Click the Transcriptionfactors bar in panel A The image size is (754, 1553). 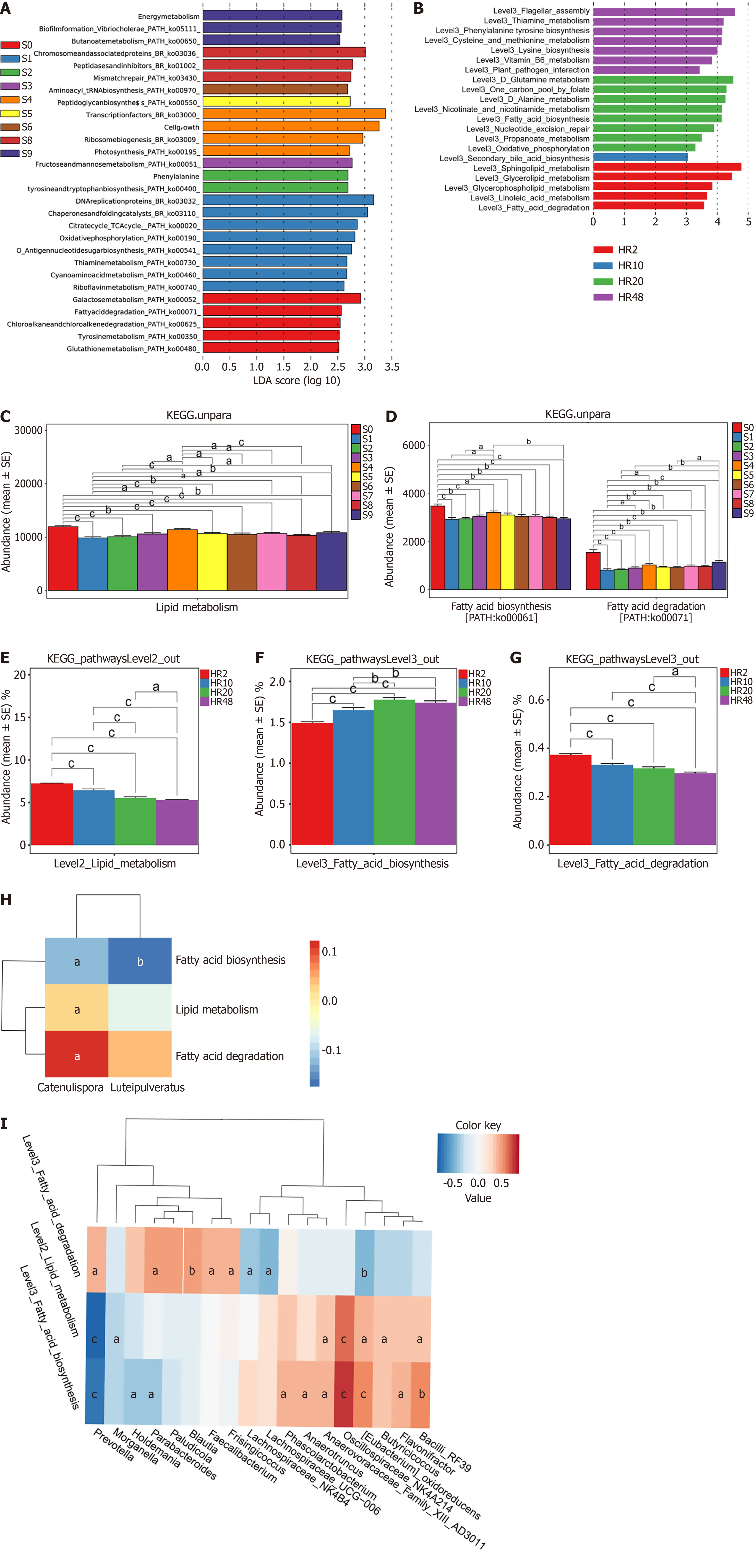294,114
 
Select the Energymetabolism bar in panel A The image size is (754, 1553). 272,16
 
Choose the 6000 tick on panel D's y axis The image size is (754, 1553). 413,445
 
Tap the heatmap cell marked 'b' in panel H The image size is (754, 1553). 140,961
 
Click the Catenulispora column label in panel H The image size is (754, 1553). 70,1088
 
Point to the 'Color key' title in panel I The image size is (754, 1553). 478,1126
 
